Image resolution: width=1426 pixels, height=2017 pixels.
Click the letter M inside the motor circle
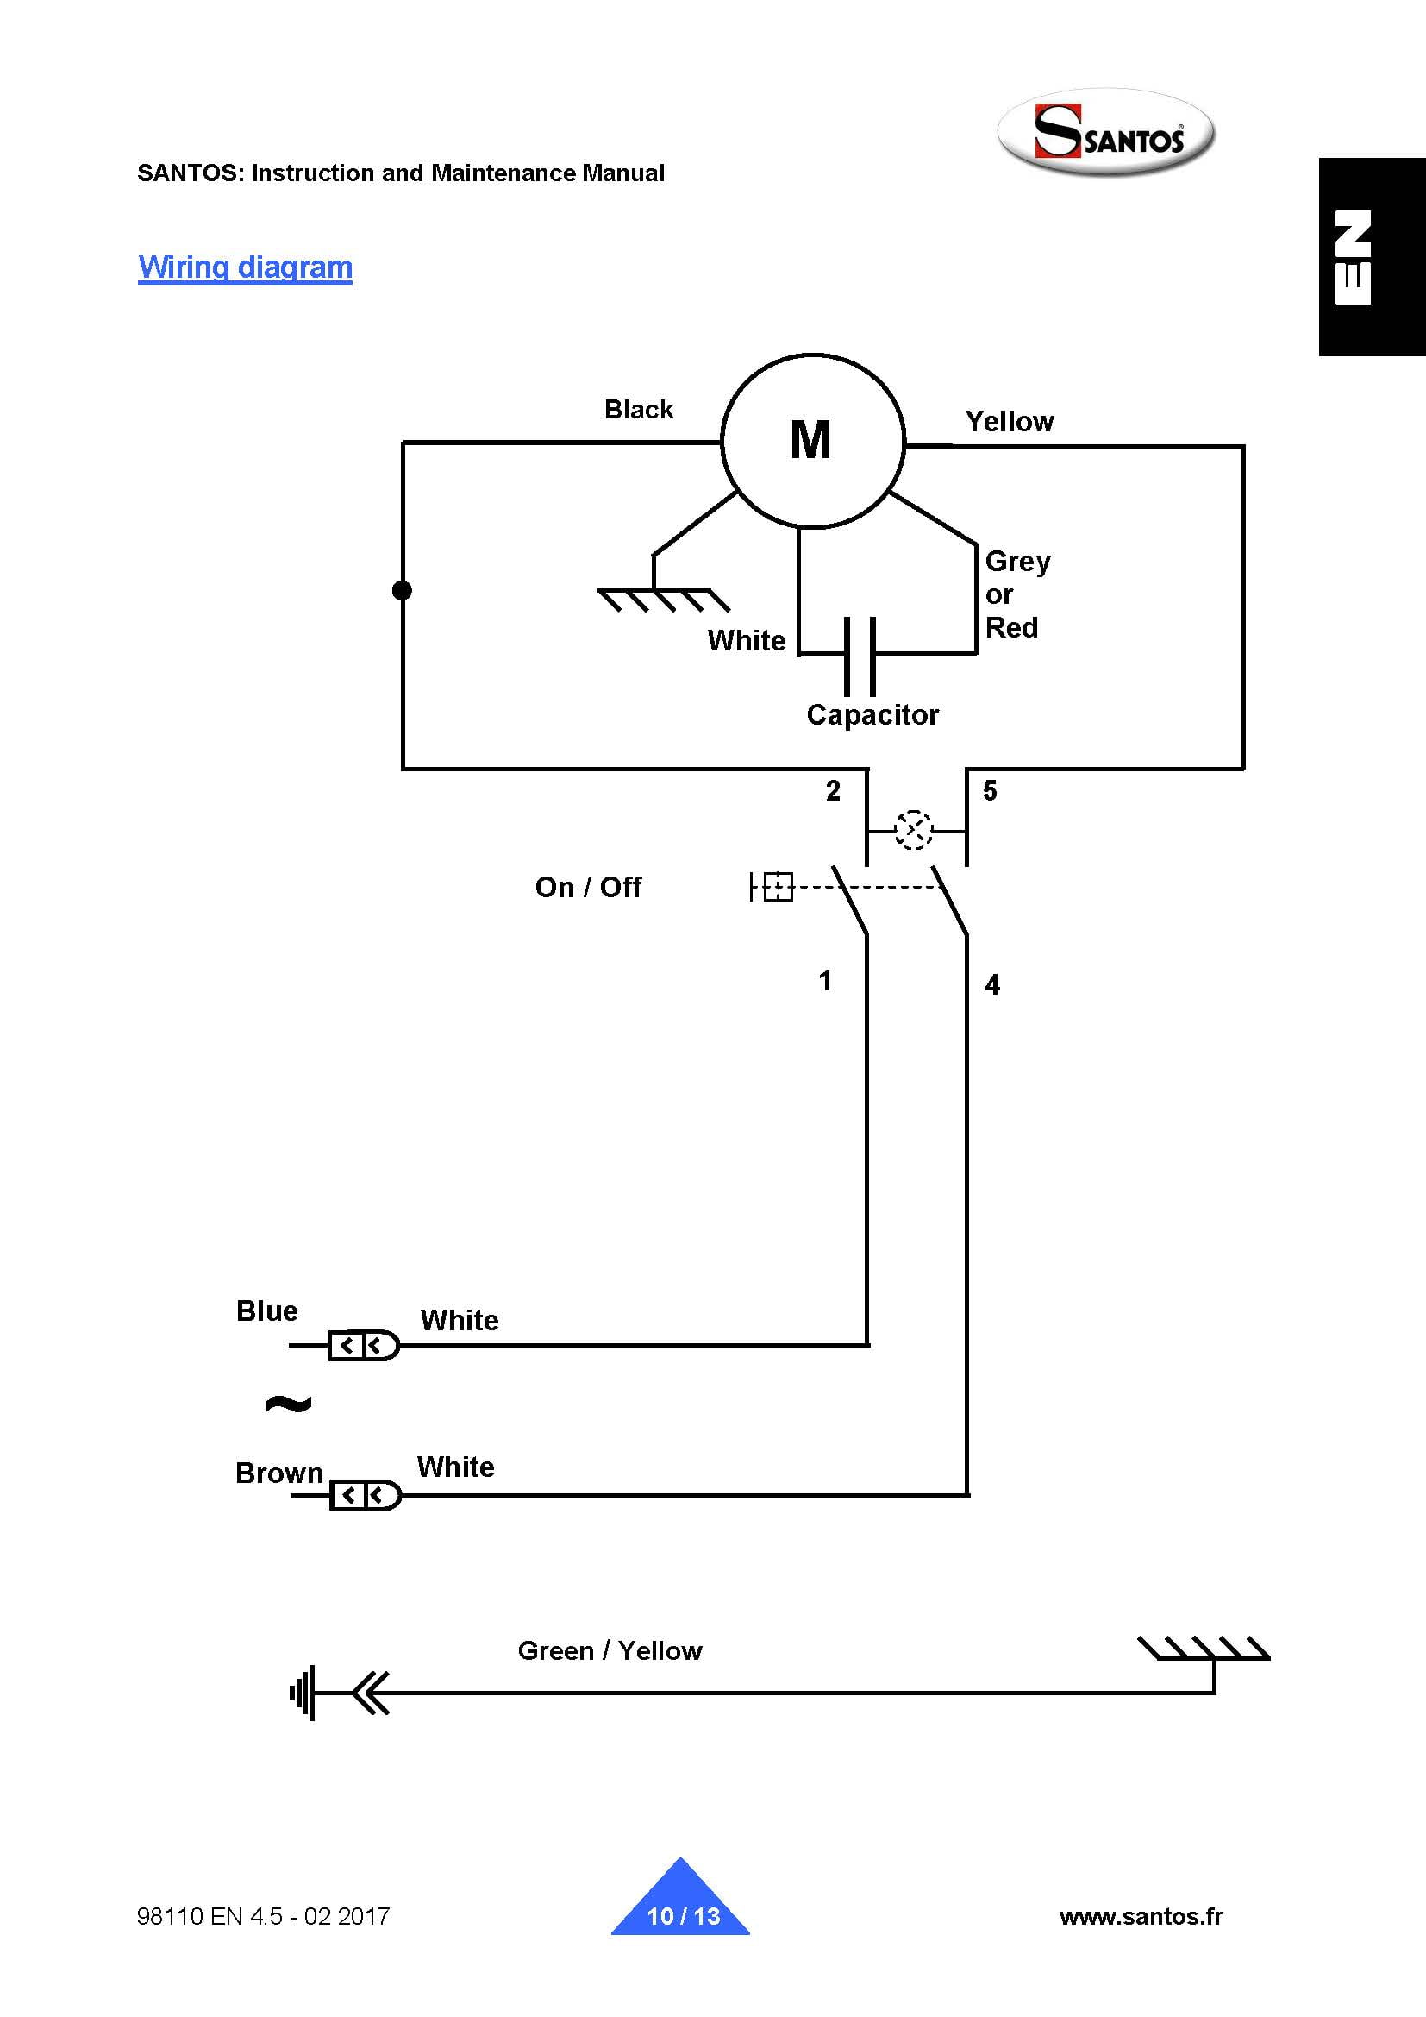[x=810, y=440]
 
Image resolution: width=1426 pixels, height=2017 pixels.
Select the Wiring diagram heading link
[x=245, y=267]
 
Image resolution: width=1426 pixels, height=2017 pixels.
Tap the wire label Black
[x=638, y=410]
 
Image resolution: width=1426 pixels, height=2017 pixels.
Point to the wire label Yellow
[x=1009, y=422]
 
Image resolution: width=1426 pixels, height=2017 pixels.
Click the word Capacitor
[x=872, y=715]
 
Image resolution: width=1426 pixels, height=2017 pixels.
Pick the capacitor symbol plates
[x=860, y=656]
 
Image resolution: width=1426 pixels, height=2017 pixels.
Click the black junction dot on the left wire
[x=402, y=590]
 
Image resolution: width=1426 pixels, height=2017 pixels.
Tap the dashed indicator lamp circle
[x=913, y=829]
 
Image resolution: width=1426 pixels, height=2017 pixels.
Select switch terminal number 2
[x=834, y=790]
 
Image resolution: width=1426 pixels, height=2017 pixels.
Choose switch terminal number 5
[x=990, y=790]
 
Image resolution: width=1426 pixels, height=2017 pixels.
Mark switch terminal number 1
[x=825, y=980]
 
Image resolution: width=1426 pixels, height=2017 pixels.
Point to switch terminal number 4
[x=992, y=985]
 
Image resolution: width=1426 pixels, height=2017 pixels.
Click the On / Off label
[x=587, y=887]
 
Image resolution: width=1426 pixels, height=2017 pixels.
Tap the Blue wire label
[x=267, y=1310]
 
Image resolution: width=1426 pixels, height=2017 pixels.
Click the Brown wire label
[x=279, y=1473]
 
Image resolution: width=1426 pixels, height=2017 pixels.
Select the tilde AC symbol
[x=288, y=1403]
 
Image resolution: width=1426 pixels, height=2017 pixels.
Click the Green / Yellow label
[x=610, y=1650]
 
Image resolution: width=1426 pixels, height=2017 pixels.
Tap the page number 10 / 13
[x=683, y=1916]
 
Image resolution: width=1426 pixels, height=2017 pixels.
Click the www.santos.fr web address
[x=1141, y=1916]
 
